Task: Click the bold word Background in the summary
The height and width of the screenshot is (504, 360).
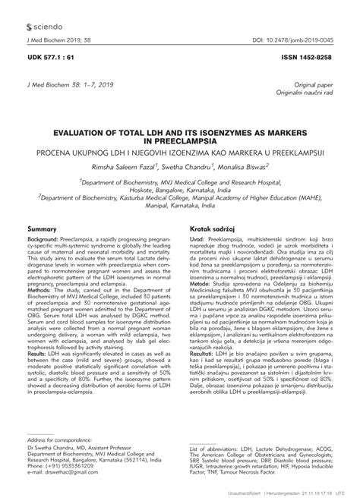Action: pos(43,239)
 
